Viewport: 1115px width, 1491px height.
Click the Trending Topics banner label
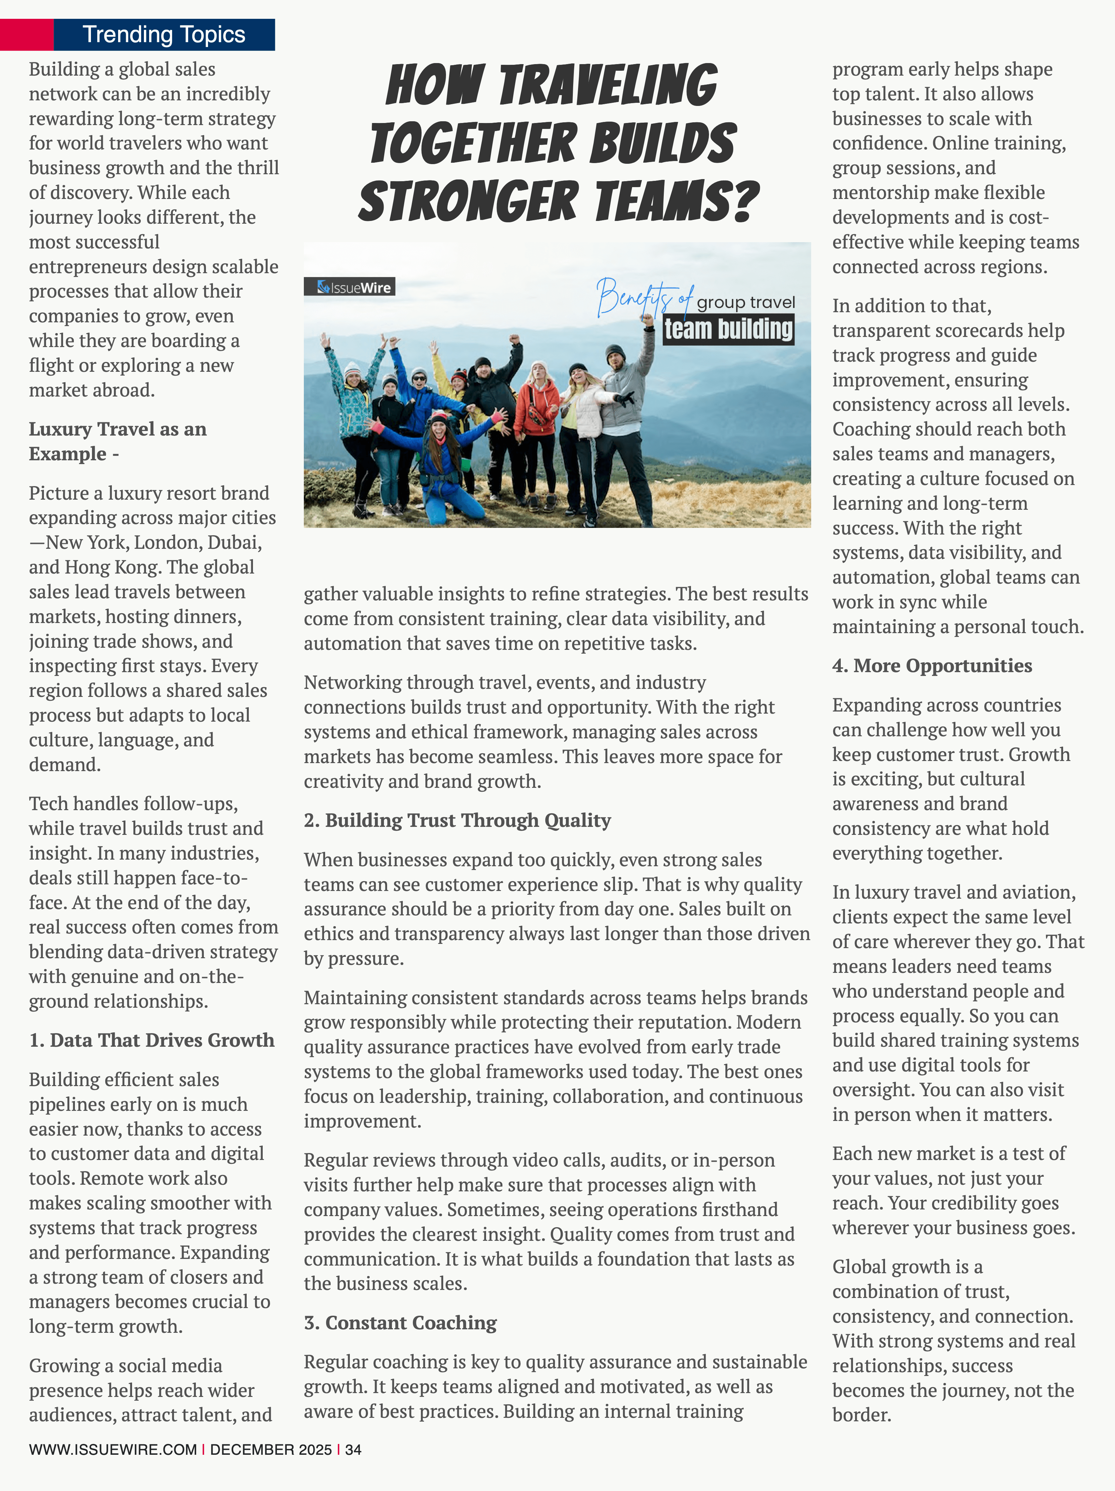[x=164, y=34]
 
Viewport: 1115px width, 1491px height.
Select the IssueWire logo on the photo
[x=349, y=287]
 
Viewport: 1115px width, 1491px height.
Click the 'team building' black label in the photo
[x=728, y=330]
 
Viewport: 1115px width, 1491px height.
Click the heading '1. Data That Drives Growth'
[x=152, y=1040]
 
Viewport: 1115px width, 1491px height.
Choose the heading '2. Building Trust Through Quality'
[x=457, y=820]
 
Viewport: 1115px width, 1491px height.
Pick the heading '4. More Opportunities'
[x=932, y=666]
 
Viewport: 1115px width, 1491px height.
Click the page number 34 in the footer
[x=353, y=1449]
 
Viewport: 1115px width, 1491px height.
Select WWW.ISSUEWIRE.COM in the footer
[x=113, y=1449]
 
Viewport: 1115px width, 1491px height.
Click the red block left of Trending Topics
[x=27, y=34]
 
